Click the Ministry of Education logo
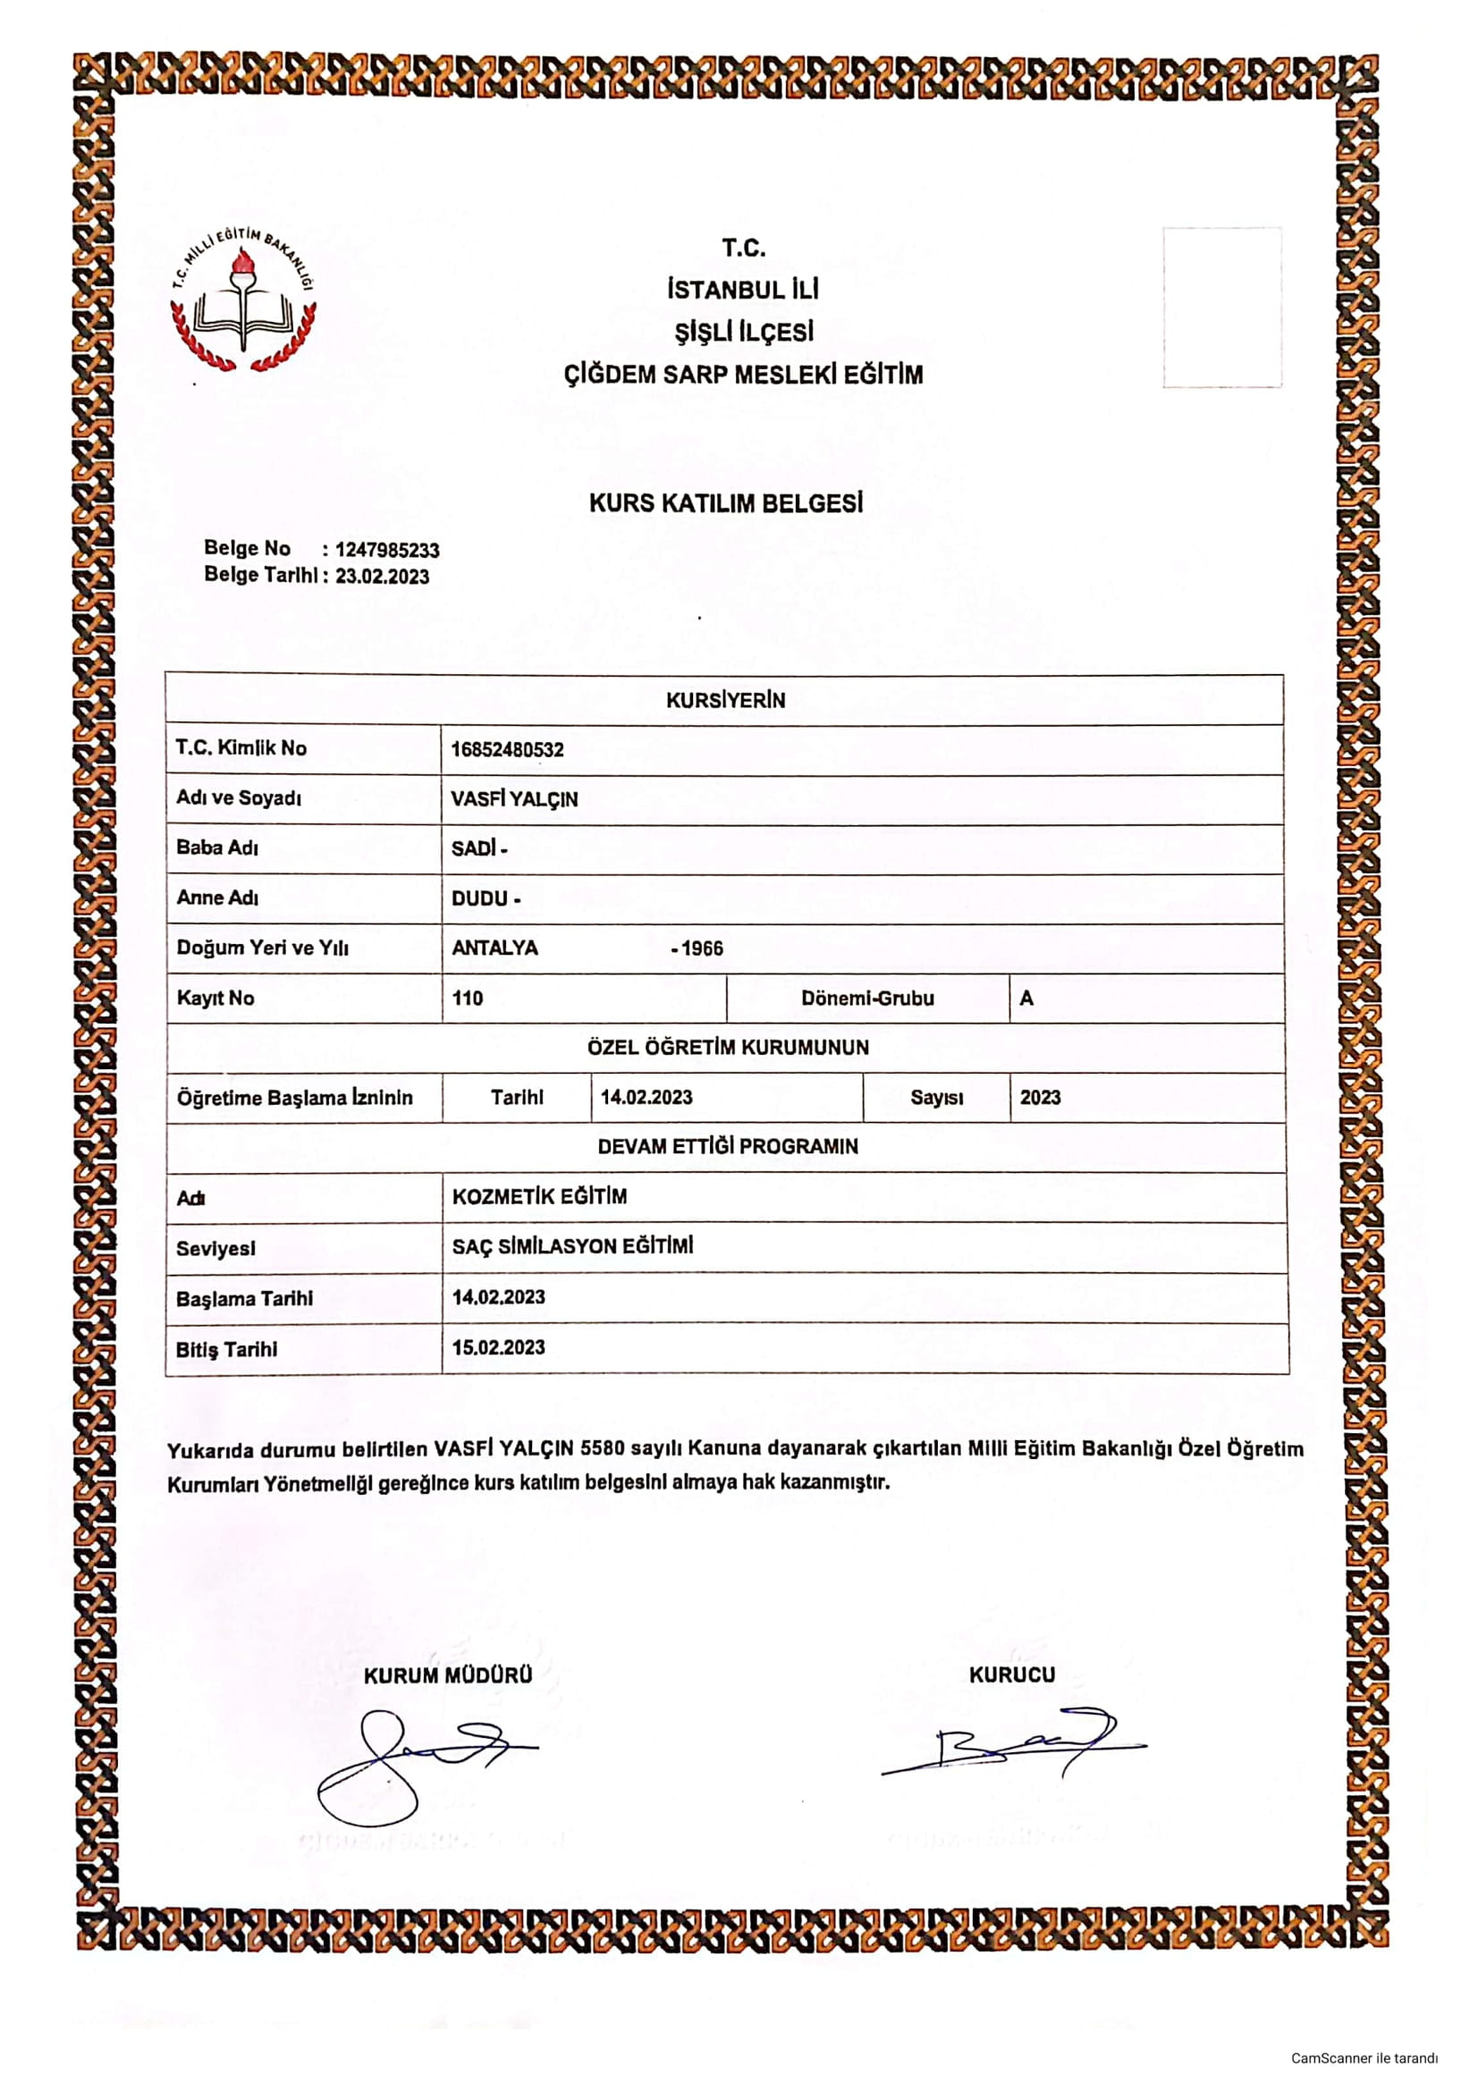coord(243,299)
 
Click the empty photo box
coord(1221,308)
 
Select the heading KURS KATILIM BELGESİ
coord(726,502)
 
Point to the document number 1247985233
coord(387,550)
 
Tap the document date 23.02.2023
coord(382,577)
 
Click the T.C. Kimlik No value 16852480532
coord(507,749)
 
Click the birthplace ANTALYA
coord(494,948)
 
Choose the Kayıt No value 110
coord(467,999)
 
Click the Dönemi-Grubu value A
coord(1026,999)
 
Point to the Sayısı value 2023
coord(1040,1098)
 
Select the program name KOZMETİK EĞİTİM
coord(539,1197)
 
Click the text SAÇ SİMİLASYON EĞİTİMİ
coord(572,1246)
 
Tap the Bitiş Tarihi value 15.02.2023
coord(498,1348)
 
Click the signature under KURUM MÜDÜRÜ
coord(410,1762)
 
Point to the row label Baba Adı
coord(216,847)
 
